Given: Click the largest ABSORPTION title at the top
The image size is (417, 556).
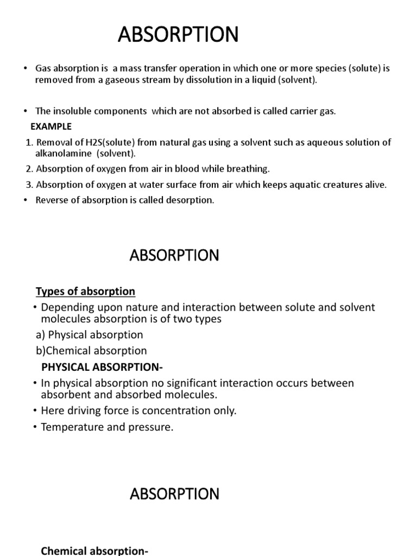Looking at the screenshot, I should (178, 35).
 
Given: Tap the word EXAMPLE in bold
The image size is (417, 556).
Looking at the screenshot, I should (51, 127).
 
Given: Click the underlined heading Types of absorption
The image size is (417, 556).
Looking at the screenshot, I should (85, 292).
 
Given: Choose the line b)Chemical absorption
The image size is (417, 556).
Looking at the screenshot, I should (91, 351).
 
